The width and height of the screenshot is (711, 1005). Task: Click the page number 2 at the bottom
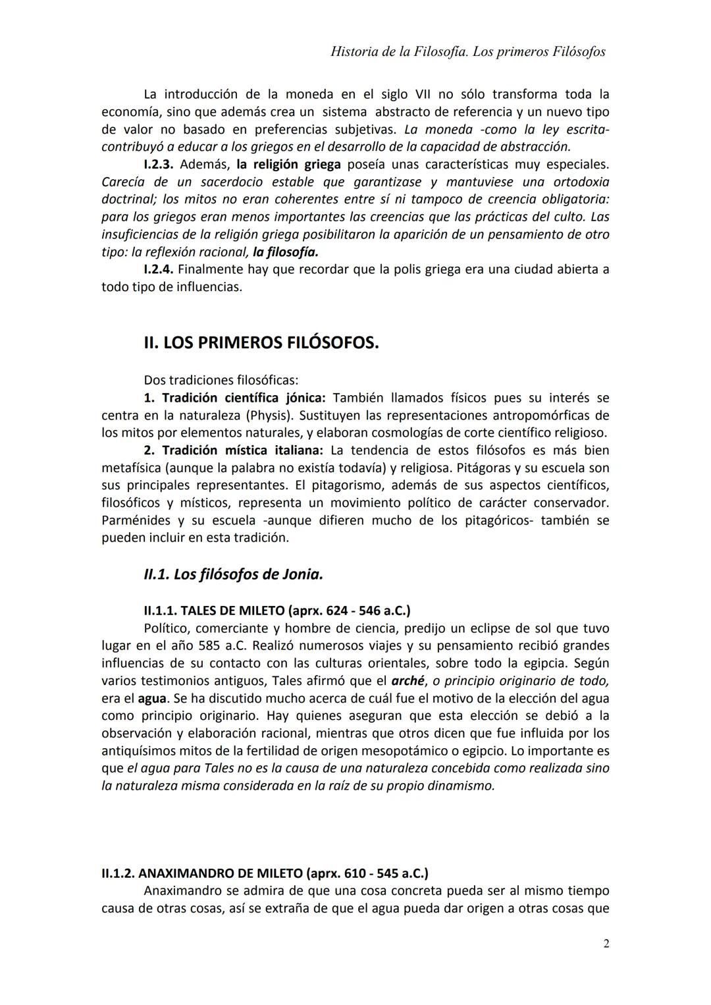click(x=606, y=944)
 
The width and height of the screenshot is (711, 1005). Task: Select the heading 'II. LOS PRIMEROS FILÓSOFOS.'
click(x=261, y=343)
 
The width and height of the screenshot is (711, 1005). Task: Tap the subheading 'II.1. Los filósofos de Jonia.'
click(x=233, y=574)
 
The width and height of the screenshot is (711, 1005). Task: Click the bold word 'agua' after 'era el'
click(x=151, y=698)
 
